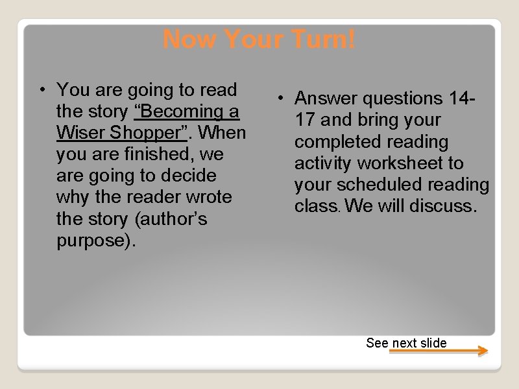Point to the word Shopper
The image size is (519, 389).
click(x=147, y=133)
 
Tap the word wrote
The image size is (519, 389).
click(x=209, y=197)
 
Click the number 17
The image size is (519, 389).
click(x=305, y=120)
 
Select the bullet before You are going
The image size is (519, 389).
click(x=41, y=89)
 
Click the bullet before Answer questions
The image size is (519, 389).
click(x=278, y=99)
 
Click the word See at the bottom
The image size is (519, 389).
click(x=377, y=343)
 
